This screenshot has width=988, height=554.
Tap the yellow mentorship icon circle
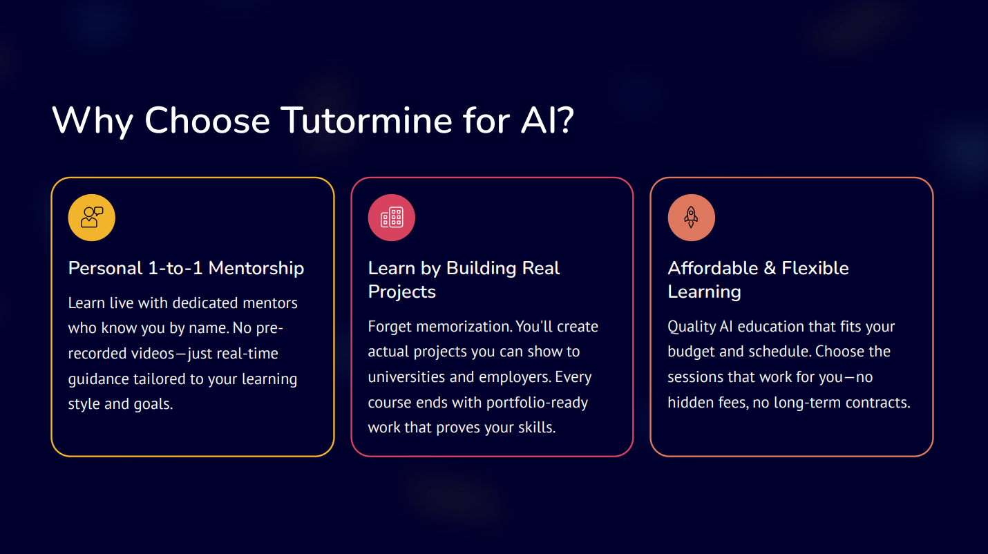[92, 218]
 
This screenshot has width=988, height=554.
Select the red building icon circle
[392, 218]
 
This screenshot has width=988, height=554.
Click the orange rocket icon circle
[691, 218]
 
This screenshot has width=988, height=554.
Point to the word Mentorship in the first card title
[256, 268]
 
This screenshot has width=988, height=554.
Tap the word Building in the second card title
[482, 268]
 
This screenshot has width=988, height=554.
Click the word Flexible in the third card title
[815, 268]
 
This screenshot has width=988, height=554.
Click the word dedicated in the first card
[202, 303]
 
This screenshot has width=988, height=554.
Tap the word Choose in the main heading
[207, 120]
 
